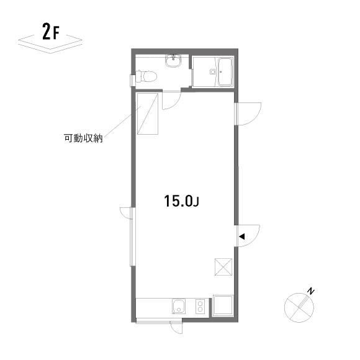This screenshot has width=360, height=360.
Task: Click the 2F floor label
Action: click(x=51, y=31)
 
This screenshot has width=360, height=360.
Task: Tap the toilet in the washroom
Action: click(x=146, y=76)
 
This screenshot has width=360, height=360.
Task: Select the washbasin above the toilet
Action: click(x=173, y=61)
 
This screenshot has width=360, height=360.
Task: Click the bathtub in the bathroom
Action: click(x=225, y=71)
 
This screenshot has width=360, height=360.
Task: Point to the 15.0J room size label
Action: click(x=181, y=201)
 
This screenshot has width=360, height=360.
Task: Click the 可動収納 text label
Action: click(x=83, y=138)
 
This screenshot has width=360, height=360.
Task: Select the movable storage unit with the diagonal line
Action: click(x=148, y=114)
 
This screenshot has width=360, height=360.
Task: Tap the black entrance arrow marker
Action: click(x=242, y=236)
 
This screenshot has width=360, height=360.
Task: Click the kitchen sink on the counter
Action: click(x=179, y=307)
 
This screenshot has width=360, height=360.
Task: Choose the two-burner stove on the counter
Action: click(x=200, y=306)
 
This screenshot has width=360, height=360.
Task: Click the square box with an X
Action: click(x=223, y=267)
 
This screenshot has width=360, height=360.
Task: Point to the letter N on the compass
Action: click(x=311, y=291)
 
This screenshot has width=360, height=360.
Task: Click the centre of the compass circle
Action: click(x=299, y=308)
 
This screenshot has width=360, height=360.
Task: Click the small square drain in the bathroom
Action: click(x=212, y=72)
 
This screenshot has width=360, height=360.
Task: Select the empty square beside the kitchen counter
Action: click(x=223, y=306)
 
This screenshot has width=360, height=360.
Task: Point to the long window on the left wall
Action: click(x=133, y=236)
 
